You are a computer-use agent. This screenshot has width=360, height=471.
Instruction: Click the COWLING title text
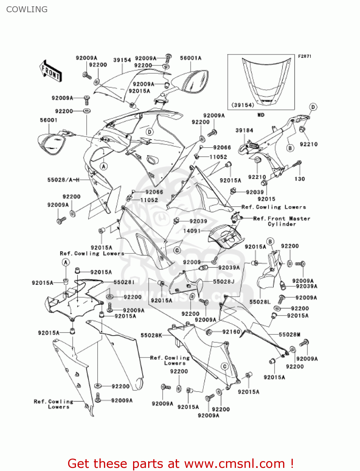pos(27,9)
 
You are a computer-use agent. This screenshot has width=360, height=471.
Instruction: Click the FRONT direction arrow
pos(50,71)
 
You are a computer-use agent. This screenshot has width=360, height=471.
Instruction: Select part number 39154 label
pos(122,60)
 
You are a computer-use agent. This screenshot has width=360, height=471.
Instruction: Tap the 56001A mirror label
pos(191,58)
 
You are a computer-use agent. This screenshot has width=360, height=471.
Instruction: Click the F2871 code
pos(304,56)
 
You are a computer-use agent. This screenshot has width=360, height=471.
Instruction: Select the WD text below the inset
pos(261,115)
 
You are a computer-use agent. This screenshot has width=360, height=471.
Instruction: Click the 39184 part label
pos(244,130)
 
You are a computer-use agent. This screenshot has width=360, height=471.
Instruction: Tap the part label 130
pos(299,179)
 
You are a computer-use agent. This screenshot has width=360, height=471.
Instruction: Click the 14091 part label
pos(192,231)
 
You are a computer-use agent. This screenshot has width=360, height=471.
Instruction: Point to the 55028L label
pos(260,302)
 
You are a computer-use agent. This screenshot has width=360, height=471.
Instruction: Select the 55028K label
pos(151,335)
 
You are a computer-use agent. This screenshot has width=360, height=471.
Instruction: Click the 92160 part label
pos(231,332)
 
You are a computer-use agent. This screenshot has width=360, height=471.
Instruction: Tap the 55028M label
pos(289,334)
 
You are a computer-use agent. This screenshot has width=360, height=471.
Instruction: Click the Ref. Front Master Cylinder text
pos(282,221)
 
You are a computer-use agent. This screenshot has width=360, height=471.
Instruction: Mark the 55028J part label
pos(224,282)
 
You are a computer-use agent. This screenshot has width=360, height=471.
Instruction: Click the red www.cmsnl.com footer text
pos(180,463)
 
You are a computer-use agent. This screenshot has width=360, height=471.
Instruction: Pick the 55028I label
pos(124,282)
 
